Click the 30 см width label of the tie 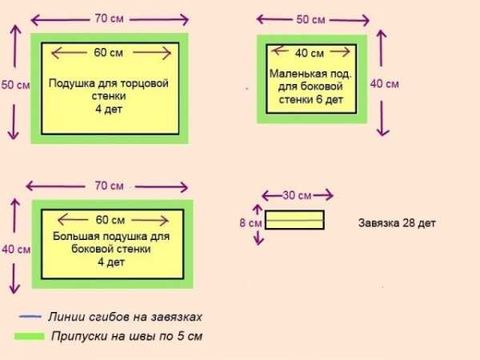[x=297, y=195]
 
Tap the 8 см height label [x=250, y=223]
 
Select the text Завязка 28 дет [x=397, y=223]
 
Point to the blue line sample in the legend [x=30, y=317]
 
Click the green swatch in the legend [x=29, y=337]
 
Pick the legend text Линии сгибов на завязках [x=125, y=317]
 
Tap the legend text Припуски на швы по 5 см [x=126, y=336]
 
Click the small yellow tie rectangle [x=294, y=220]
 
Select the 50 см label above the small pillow [x=310, y=19]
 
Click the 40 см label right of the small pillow [x=385, y=84]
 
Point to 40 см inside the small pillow [x=310, y=54]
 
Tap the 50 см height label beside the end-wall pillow [x=15, y=85]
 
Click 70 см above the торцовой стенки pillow [x=109, y=18]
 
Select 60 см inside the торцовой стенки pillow [x=108, y=53]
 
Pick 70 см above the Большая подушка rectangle [x=109, y=186]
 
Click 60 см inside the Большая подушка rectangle [x=110, y=220]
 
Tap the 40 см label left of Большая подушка [x=16, y=250]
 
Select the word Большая [x=73, y=236]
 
